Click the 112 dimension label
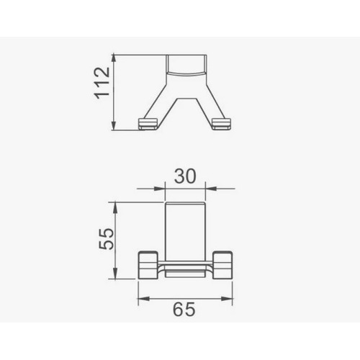(102, 83)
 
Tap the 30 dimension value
(185, 176)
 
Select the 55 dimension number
(107, 239)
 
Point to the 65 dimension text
(184, 310)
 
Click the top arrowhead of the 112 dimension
(114, 60)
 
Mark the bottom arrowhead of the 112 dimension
(114, 125)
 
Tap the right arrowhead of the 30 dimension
(211, 189)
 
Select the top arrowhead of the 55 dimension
(115, 207)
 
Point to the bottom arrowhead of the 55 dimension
(115, 274)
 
